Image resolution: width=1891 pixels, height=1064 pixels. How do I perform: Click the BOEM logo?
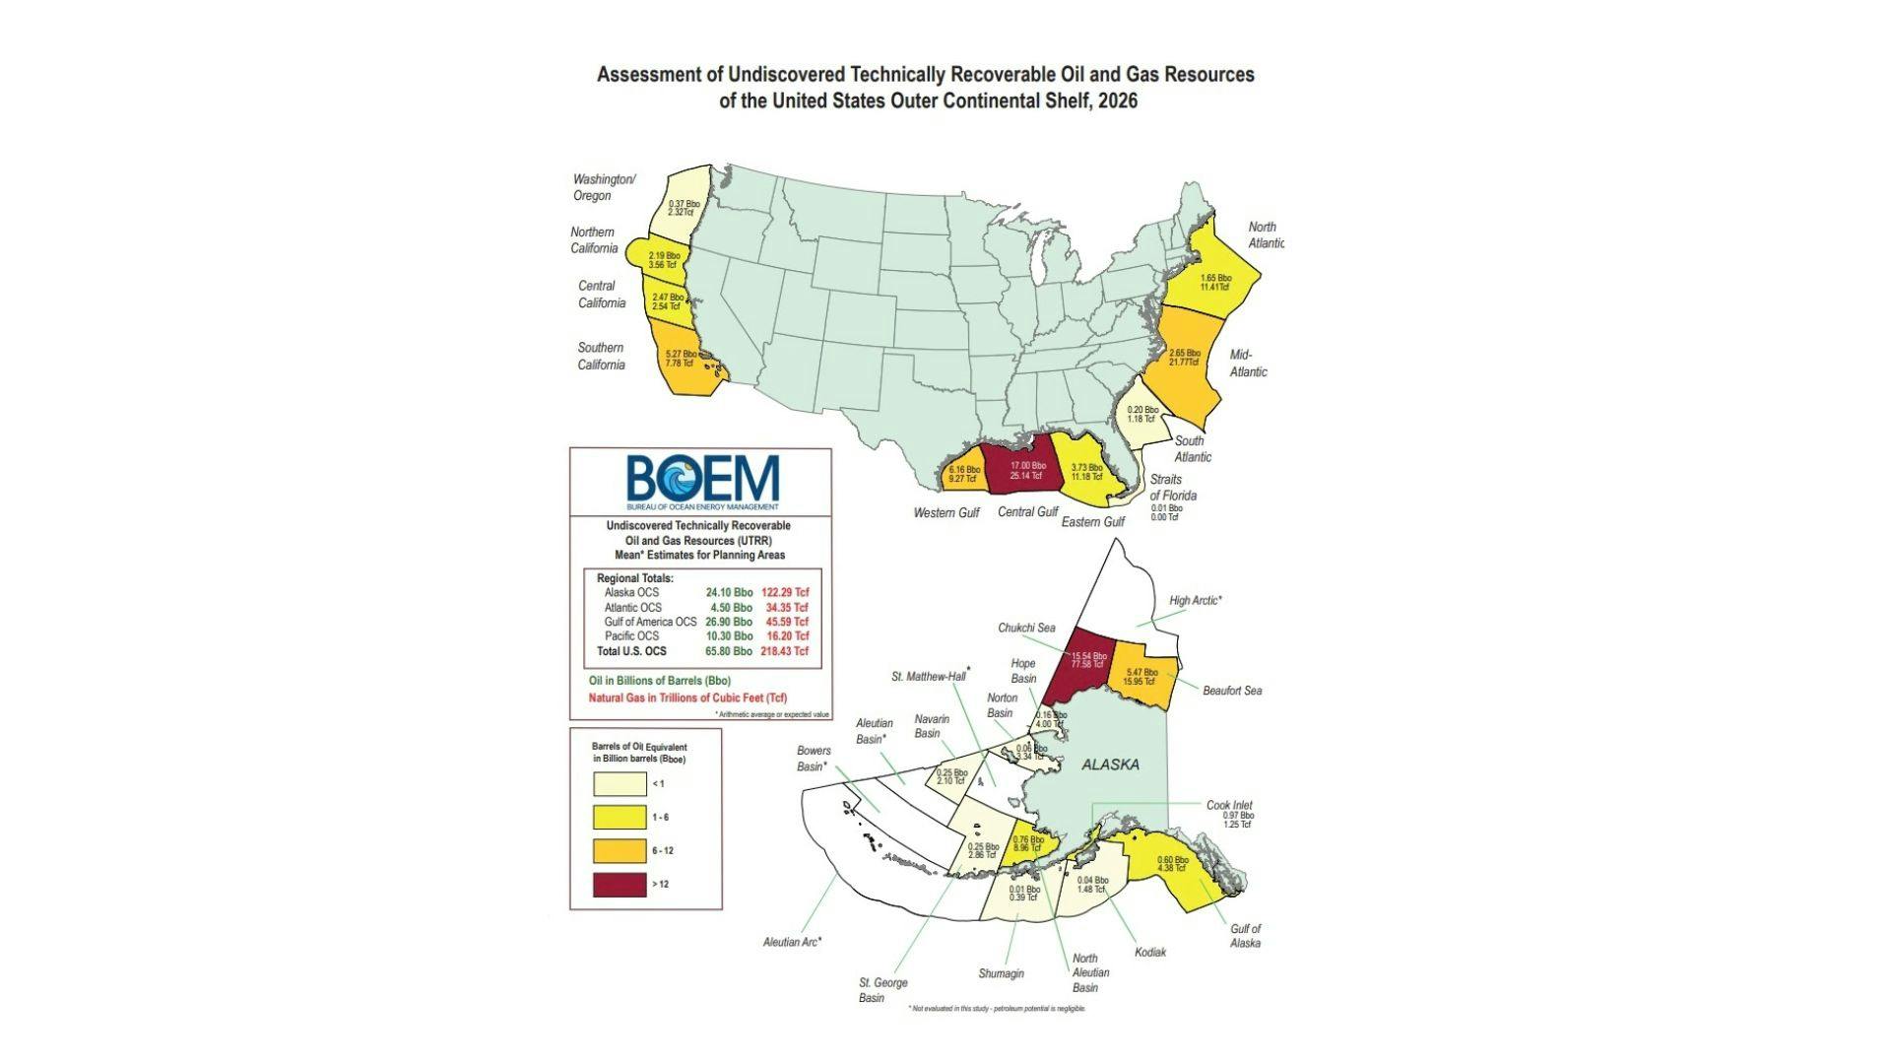702,482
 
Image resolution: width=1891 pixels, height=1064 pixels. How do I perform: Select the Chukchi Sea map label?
1025,628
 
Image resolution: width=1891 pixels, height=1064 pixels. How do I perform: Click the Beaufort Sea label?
1231,691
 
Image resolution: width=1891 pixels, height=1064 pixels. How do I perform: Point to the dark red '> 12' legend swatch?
619,884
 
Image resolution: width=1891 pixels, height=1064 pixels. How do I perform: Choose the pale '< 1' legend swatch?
619,783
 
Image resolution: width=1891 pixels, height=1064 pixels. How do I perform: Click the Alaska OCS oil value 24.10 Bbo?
729,592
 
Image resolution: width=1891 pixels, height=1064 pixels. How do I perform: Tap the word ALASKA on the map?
1110,765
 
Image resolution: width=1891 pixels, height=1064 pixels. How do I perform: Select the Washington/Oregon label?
604,187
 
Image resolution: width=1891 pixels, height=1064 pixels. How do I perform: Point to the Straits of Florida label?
1172,487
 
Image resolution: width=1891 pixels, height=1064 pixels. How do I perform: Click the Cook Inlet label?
1229,805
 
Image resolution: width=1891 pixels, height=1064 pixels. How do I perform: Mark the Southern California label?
601,356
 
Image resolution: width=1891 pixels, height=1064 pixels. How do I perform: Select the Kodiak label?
1149,952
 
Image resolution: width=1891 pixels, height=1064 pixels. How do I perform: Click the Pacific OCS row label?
631,636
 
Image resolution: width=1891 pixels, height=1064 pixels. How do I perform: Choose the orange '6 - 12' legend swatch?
619,850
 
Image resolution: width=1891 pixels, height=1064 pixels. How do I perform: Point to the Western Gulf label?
945,512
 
